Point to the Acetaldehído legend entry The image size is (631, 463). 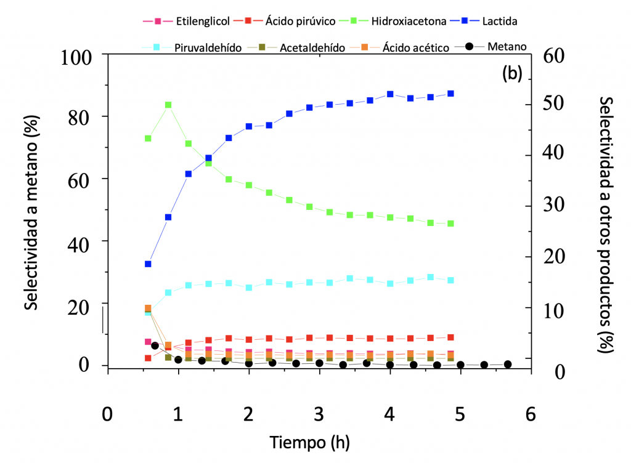pos(302,47)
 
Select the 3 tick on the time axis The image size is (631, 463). pos(319,413)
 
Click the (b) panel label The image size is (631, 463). pos(512,74)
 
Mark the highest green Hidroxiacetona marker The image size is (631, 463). pos(168,105)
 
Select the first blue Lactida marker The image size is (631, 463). pos(148,264)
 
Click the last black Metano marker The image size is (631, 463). pos(508,364)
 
